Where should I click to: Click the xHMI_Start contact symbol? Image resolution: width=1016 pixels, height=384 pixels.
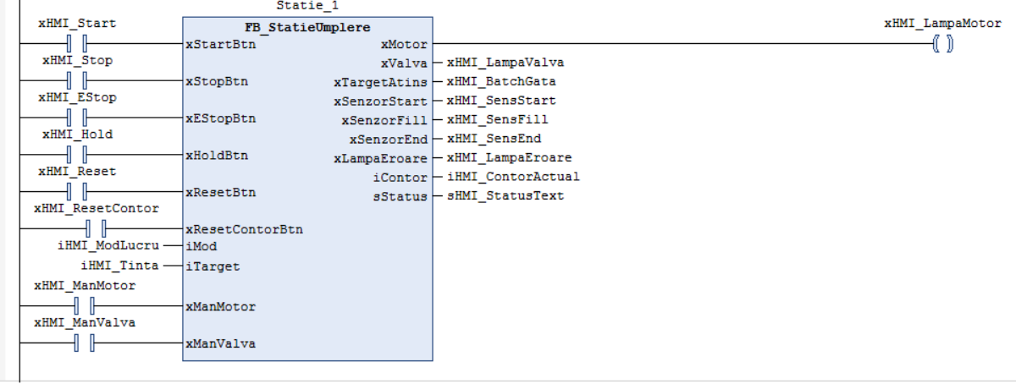click(x=77, y=43)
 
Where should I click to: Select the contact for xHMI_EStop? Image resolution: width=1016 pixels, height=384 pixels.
click(x=77, y=118)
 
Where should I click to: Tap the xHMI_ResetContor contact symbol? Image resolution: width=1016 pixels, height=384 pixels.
click(x=96, y=228)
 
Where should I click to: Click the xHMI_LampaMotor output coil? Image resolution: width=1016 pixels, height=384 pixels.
click(x=943, y=44)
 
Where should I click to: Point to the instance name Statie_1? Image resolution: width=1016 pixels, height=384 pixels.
click(x=307, y=6)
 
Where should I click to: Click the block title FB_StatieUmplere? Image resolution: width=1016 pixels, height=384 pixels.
click(x=307, y=27)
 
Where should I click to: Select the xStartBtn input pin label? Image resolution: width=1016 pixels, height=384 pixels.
click(x=221, y=45)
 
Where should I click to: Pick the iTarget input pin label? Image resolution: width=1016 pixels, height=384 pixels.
click(x=213, y=266)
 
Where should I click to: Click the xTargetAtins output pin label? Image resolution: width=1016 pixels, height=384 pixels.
click(x=380, y=83)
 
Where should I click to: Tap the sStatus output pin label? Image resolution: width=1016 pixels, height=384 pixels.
click(x=400, y=197)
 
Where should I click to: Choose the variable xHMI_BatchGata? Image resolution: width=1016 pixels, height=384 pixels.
click(x=501, y=81)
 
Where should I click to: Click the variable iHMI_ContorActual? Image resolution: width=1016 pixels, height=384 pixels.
click(x=513, y=177)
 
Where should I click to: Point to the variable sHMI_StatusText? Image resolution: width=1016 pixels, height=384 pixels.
click(x=505, y=196)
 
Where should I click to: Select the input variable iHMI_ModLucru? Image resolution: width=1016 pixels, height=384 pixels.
click(x=108, y=246)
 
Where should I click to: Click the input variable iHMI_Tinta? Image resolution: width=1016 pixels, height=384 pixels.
click(x=119, y=266)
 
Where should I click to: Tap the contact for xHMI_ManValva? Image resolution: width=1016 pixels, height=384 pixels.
click(x=85, y=343)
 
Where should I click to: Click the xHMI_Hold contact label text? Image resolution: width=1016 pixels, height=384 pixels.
click(x=78, y=134)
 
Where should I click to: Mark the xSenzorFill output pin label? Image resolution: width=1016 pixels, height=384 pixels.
click(x=384, y=121)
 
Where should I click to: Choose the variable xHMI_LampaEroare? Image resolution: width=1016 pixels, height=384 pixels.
click(x=510, y=158)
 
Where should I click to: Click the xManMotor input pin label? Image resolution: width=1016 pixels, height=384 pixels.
click(x=221, y=307)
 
